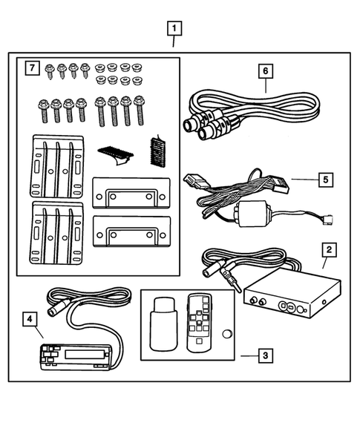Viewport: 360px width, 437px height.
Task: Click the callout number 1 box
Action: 174,30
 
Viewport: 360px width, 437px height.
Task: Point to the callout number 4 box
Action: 30,320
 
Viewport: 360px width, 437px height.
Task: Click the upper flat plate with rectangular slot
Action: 130,195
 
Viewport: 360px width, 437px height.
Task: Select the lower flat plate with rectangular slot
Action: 130,234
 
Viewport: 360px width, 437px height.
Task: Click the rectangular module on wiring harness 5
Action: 252,214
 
